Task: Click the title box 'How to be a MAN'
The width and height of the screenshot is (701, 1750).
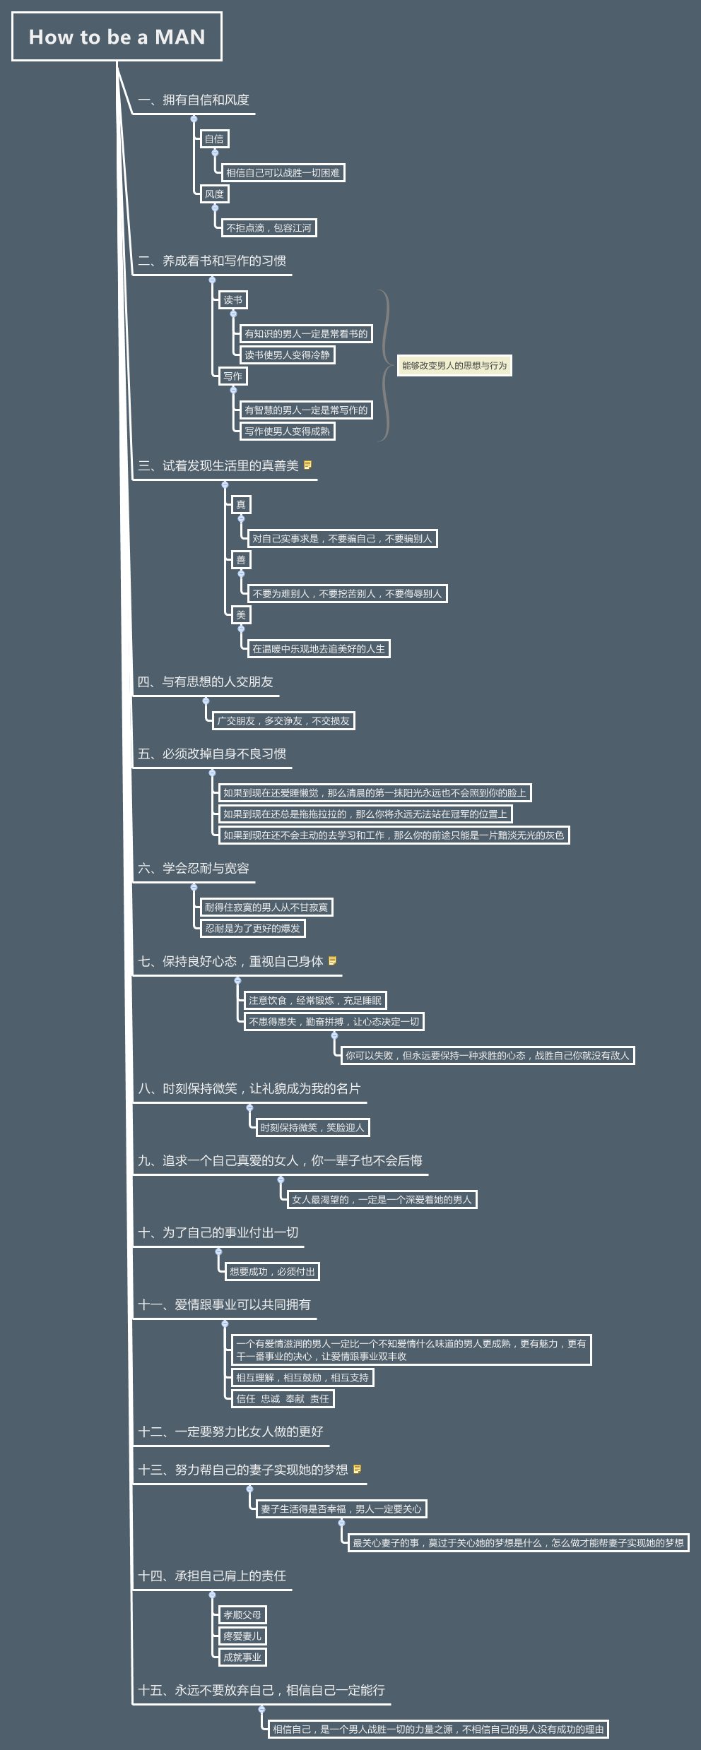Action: (117, 37)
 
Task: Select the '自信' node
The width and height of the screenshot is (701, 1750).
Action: (214, 139)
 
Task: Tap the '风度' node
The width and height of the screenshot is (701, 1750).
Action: (214, 194)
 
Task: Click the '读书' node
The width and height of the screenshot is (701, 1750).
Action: (232, 300)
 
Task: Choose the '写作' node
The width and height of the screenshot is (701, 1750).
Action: (232, 376)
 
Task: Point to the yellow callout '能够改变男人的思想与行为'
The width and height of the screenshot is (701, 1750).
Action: (454, 366)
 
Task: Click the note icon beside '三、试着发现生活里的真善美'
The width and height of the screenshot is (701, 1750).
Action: (308, 465)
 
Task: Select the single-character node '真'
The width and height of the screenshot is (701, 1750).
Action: (241, 505)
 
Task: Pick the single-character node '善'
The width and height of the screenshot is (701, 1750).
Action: (241, 560)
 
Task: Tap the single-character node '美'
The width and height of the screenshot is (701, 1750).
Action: (241, 615)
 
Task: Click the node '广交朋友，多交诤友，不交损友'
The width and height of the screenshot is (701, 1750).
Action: (283, 721)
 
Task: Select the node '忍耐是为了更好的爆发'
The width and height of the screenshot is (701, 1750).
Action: (252, 929)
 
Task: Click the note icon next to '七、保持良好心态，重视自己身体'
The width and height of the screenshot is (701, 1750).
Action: (332, 960)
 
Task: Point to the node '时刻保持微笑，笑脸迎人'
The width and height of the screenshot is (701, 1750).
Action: (312, 1128)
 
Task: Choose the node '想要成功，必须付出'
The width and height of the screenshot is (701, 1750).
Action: (272, 1272)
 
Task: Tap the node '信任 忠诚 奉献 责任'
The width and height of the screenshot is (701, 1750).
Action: (282, 1399)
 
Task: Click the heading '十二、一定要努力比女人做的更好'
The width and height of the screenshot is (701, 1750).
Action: (230, 1431)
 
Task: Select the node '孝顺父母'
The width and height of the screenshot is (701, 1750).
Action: (242, 1615)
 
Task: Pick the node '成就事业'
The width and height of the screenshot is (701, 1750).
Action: (242, 1657)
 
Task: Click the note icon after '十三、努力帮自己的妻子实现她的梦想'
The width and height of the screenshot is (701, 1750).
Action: (357, 1469)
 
